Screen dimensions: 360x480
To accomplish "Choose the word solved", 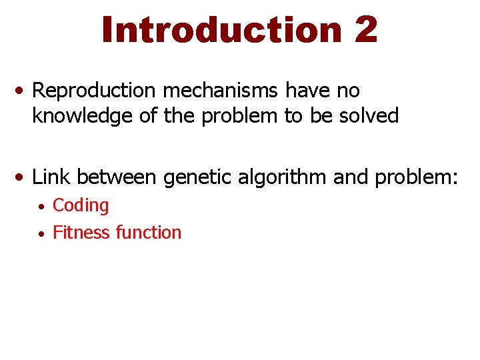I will [370, 116].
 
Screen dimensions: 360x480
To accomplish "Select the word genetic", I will [193, 177].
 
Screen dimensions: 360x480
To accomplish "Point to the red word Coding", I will [80, 205].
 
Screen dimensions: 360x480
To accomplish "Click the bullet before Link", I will [23, 177].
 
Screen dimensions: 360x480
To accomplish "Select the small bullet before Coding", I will [41, 207].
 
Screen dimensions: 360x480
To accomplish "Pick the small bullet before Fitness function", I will [41, 234].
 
